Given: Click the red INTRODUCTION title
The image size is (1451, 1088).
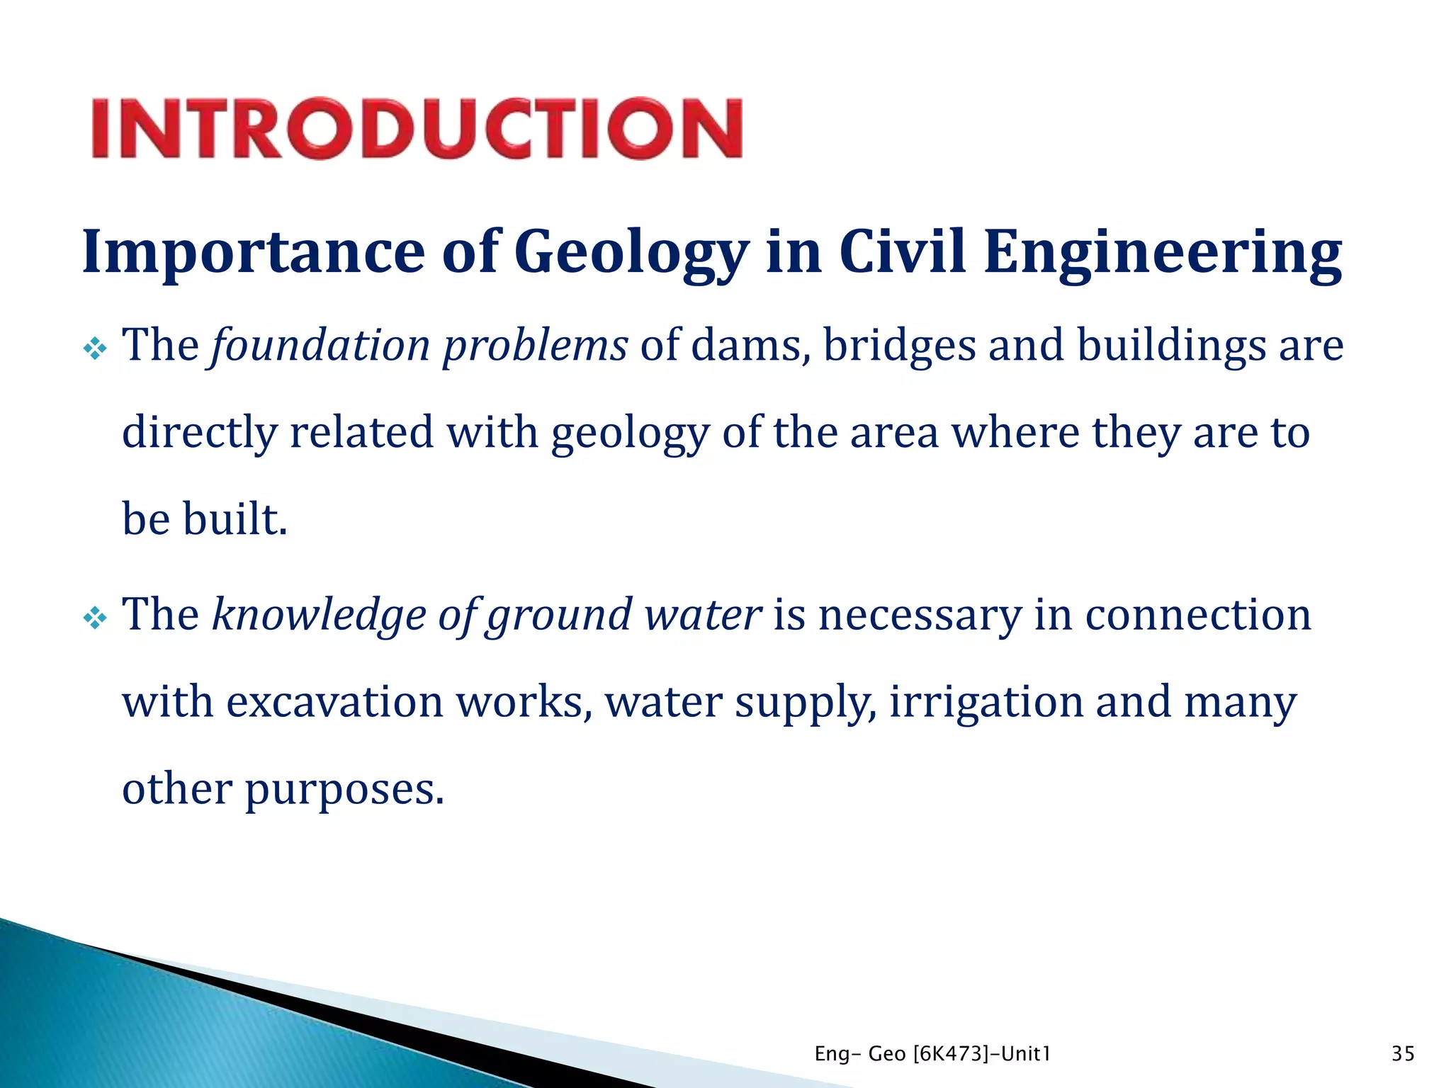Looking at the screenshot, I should click(x=417, y=128).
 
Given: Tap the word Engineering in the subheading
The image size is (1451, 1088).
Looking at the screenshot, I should click(x=1162, y=253).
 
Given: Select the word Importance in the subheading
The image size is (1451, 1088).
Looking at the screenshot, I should click(x=253, y=253).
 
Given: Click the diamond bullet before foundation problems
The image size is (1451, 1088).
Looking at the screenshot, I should click(x=94, y=348).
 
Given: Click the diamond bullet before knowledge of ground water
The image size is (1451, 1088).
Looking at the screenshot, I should click(x=94, y=618).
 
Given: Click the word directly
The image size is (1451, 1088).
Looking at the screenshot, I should click(x=199, y=433).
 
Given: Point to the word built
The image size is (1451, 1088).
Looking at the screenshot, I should click(x=235, y=518).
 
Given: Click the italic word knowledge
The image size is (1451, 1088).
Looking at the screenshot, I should click(x=319, y=615).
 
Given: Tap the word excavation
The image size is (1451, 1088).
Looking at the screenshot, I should click(x=334, y=703).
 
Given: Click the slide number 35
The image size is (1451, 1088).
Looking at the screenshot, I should click(x=1403, y=1054).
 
